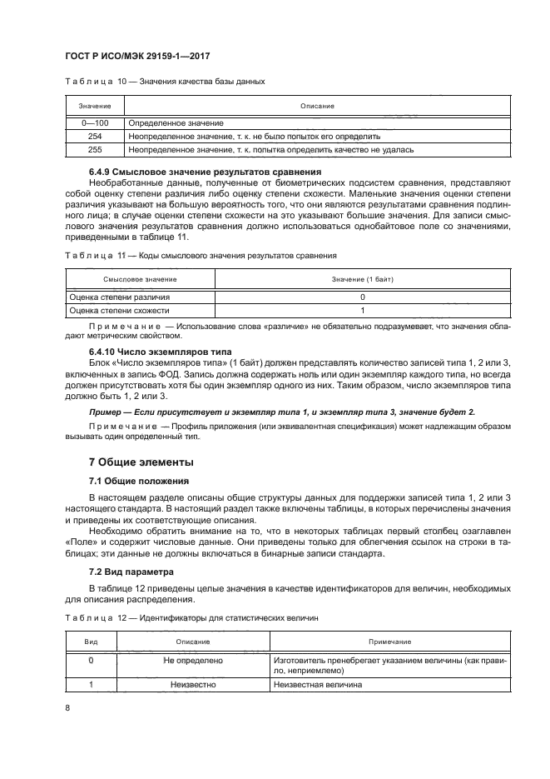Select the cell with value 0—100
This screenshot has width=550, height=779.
[94, 122]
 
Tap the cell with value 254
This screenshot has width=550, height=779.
[94, 136]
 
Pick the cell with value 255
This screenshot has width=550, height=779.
[94, 150]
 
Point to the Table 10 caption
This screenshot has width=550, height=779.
[165, 82]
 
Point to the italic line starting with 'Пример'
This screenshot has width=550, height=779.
[282, 412]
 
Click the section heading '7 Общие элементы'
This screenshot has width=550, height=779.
[141, 462]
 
